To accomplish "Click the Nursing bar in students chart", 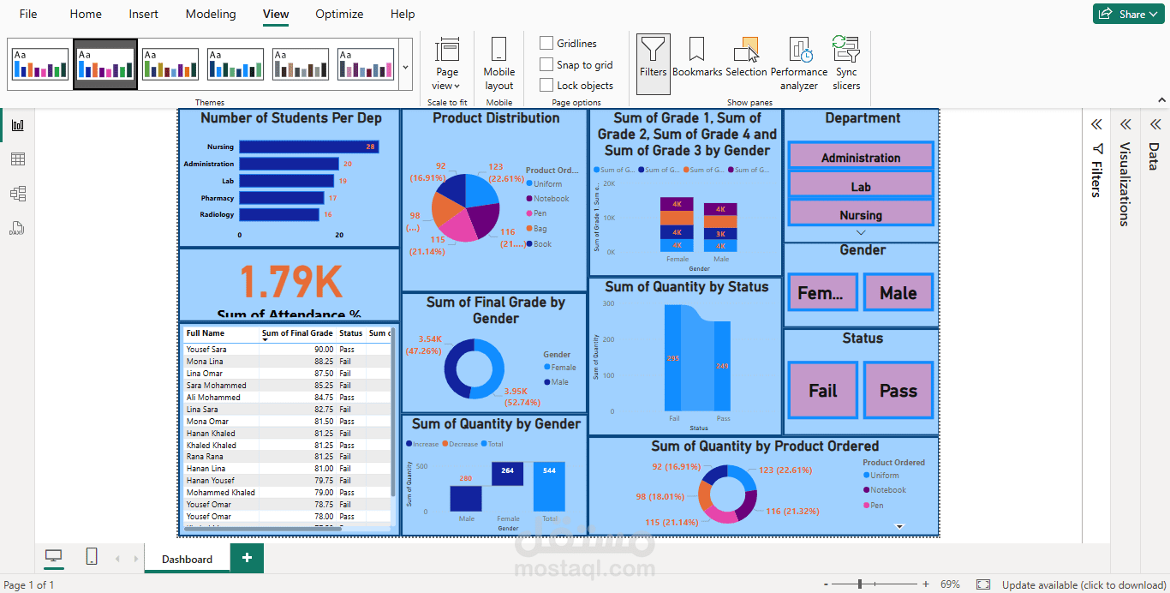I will click(308, 147).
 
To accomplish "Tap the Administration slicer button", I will click(861, 157).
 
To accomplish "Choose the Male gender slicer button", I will click(898, 293).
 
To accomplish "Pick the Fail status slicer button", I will click(822, 391).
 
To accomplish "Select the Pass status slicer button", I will click(898, 391).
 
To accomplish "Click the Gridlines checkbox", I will click(546, 44).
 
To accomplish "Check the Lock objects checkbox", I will click(546, 86).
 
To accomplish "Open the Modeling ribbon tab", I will click(211, 14).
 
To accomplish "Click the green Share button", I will click(1128, 14).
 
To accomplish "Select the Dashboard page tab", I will click(187, 560).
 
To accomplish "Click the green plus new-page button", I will click(247, 558).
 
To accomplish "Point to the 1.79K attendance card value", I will click(290, 282).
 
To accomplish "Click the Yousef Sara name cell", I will click(206, 350).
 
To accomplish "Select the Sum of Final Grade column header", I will click(297, 333).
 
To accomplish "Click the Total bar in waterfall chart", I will click(549, 486).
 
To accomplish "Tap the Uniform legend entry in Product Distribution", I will click(548, 184).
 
